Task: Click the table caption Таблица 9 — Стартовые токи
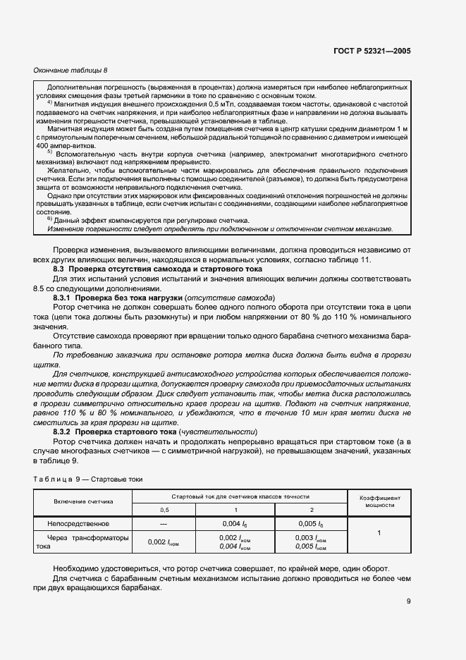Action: point(88,479)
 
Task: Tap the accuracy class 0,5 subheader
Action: point(164,508)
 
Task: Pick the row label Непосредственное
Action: point(78,524)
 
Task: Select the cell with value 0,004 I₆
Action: point(235,524)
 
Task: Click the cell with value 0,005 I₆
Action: point(310,524)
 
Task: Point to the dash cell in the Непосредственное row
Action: point(164,524)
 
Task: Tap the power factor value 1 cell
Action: point(379,533)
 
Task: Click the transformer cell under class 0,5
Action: point(164,542)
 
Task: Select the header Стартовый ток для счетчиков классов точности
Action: point(240,496)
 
